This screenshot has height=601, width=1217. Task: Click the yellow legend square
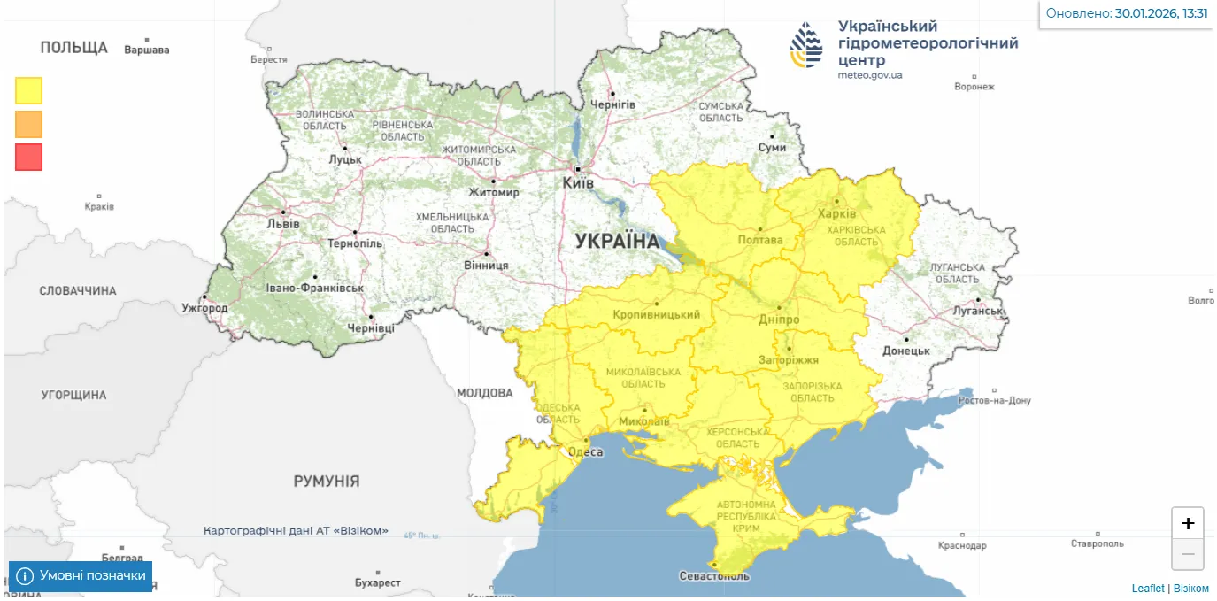coord(28,90)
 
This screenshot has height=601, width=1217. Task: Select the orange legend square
coord(28,124)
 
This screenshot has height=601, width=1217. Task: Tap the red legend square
coord(28,157)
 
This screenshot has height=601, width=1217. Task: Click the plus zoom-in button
coord(1188,523)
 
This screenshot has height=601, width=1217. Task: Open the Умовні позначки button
coord(81,576)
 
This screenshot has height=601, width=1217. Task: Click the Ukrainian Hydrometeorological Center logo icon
coord(806,46)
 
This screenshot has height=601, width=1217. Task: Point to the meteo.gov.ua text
coord(870,75)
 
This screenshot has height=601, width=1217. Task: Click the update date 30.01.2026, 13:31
coord(1161,13)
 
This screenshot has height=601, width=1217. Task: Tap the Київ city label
coord(579,182)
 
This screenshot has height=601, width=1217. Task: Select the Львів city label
coord(283,224)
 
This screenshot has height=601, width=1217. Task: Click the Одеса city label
coord(585,452)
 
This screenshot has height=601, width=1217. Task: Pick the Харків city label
coord(838,214)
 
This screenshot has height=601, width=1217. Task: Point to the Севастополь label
coord(713,576)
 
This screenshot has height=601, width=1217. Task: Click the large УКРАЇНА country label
coord(617,241)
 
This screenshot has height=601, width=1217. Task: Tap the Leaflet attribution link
coord(1148,589)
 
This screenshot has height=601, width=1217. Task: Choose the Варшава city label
coord(147,50)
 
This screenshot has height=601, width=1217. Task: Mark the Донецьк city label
coord(906,351)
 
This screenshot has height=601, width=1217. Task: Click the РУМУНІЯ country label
coord(327,482)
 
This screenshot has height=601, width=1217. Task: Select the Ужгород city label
coord(204,308)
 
